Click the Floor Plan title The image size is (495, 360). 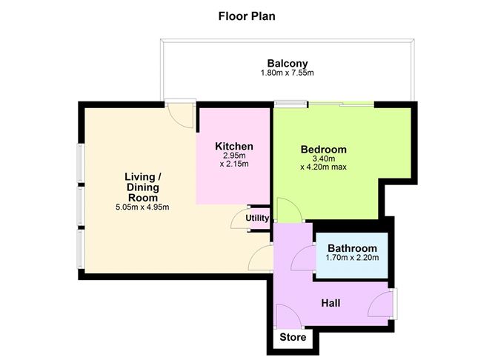pyautogui.click(x=247, y=15)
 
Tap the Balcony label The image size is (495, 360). pyautogui.click(x=287, y=64)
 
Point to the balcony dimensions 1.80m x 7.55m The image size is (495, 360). pyautogui.click(x=287, y=73)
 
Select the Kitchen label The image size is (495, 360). pyautogui.click(x=234, y=146)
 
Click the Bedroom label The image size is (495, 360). pyautogui.click(x=323, y=150)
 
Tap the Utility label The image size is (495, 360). pyautogui.click(x=257, y=218)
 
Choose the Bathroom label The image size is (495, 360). pyautogui.click(x=352, y=248)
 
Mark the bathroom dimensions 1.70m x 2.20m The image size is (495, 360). pyautogui.click(x=352, y=259)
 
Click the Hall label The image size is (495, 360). pyautogui.click(x=330, y=302)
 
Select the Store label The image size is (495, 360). pyautogui.click(x=292, y=338)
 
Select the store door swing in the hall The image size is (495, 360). pyautogui.click(x=288, y=317)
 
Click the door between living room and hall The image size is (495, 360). pyautogui.click(x=260, y=259)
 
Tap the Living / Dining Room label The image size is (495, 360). pyautogui.click(x=144, y=187)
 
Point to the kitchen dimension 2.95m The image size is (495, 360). pyautogui.click(x=234, y=156)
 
